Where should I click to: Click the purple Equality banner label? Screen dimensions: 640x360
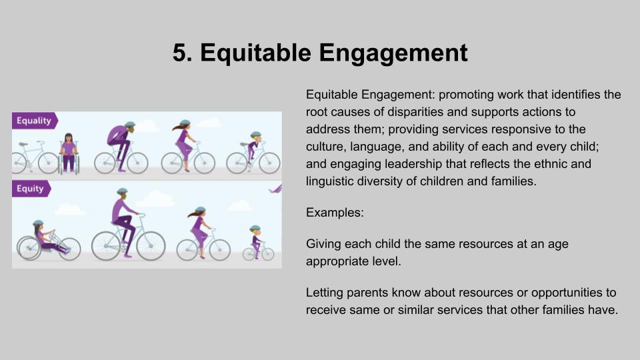coord(35,121)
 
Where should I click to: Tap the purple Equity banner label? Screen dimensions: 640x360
coord(31,189)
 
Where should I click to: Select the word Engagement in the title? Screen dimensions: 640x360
coord(393,54)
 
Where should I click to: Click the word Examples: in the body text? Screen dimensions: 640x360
coord(335,213)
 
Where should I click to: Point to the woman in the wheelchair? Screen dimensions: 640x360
coord(69,153)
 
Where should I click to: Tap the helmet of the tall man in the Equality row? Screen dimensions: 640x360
coord(130,124)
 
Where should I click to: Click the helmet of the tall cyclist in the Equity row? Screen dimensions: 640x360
coord(122,191)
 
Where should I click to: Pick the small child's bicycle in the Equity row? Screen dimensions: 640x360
coord(259,252)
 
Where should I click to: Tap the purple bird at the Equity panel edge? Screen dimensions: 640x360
coord(276,189)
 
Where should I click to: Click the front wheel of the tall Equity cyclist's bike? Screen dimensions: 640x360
coord(151,246)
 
